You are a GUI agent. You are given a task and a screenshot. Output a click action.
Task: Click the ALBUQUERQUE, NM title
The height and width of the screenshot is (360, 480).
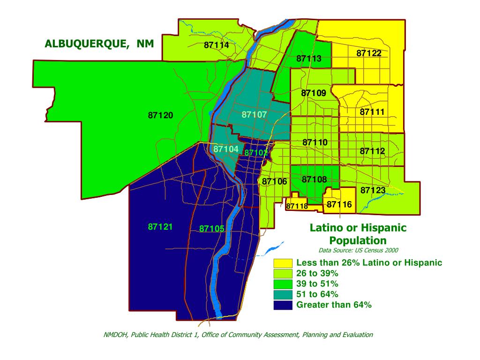click(x=95, y=44)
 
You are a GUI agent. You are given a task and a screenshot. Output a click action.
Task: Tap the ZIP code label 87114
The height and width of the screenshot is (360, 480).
click(x=217, y=45)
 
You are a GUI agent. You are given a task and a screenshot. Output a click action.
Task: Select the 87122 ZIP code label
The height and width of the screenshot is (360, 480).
click(x=369, y=53)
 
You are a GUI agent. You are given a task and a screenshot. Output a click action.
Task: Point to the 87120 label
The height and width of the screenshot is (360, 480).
click(x=161, y=115)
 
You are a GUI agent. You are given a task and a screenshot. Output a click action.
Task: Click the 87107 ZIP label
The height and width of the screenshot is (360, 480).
click(x=254, y=114)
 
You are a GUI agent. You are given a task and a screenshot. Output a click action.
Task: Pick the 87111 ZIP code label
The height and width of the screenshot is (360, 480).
click(x=372, y=112)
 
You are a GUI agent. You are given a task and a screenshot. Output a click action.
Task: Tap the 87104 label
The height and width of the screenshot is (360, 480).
click(x=226, y=149)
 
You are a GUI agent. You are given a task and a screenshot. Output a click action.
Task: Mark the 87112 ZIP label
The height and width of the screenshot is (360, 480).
click(x=372, y=151)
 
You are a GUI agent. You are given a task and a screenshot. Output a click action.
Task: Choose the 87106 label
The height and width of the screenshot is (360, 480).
click(x=274, y=181)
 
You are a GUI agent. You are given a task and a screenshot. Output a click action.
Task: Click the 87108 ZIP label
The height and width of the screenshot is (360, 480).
click(x=314, y=179)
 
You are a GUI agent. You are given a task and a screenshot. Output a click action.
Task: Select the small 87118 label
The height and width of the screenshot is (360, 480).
click(x=297, y=206)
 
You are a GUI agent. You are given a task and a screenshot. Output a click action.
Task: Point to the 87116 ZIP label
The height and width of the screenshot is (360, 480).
click(x=339, y=204)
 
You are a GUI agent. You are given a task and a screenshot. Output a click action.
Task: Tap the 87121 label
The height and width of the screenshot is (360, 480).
click(x=160, y=227)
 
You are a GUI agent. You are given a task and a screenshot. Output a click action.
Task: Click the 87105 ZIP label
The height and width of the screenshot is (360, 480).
click(x=212, y=229)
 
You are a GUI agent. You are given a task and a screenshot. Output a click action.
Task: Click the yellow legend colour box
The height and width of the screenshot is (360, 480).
click(x=283, y=262)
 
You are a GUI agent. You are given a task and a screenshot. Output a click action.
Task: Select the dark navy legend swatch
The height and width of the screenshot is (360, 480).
click(x=283, y=305)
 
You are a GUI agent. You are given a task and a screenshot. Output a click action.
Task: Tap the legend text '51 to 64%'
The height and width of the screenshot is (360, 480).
click(x=317, y=294)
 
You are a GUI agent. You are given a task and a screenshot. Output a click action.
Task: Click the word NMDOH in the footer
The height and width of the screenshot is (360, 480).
click(x=115, y=335)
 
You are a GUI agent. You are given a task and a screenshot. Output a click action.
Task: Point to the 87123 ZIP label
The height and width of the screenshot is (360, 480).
click(x=373, y=190)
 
